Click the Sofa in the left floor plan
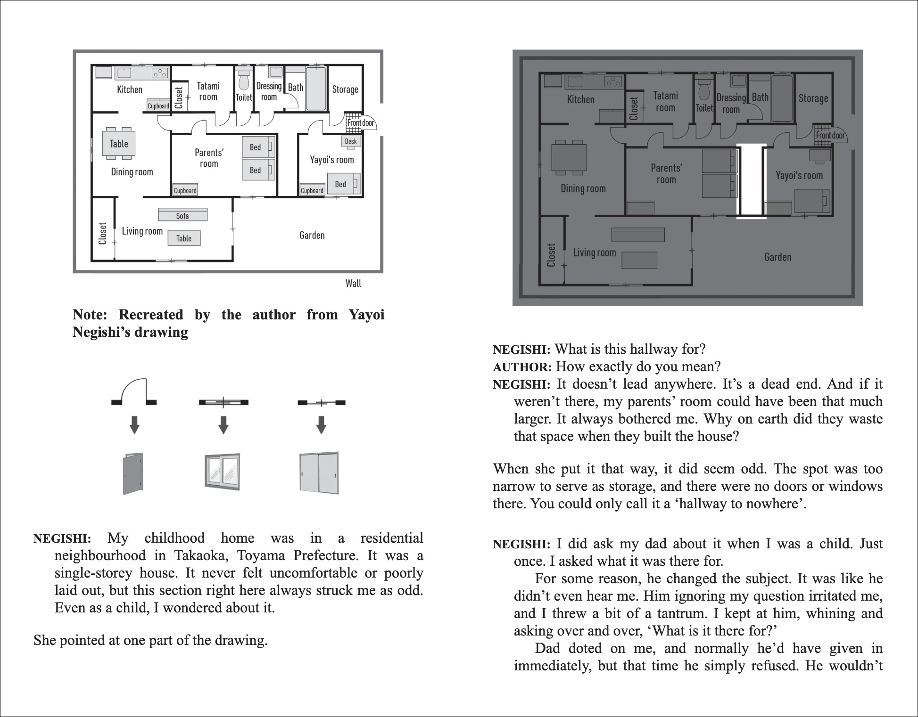182,215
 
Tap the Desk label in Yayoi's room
351,141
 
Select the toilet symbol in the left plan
244,80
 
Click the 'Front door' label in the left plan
361,123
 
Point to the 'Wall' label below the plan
353,283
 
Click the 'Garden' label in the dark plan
777,257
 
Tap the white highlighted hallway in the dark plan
752,181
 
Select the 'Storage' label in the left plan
345,90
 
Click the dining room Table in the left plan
119,144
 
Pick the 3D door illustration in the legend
133,473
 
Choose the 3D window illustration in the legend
223,471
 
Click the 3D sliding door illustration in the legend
319,473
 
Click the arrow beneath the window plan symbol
223,424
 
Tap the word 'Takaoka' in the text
201,555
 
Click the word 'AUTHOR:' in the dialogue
522,367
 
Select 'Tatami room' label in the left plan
208,91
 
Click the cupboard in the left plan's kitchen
158,106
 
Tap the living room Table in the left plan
184,238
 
